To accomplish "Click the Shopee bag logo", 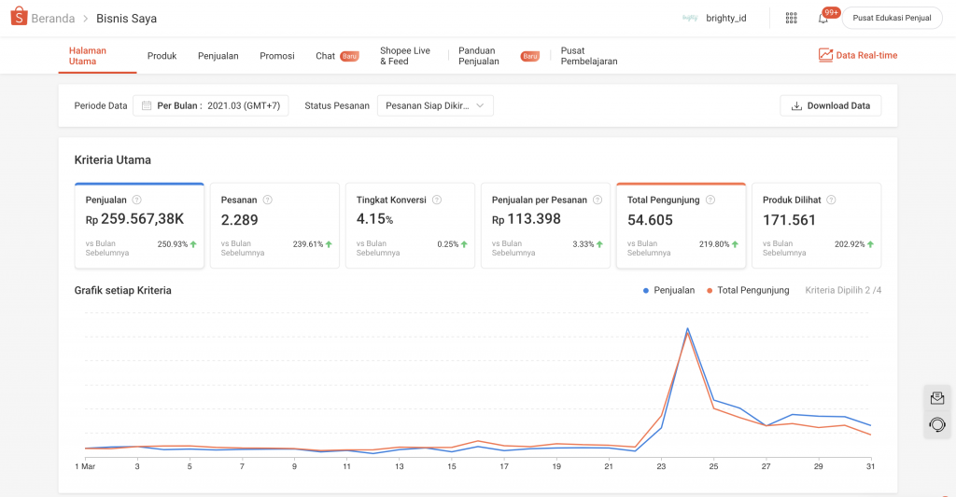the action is [19, 17].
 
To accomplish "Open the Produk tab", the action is [162, 55].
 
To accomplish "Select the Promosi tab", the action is [276, 55].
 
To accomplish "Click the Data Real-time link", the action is [858, 55].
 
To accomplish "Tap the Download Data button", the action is [830, 105].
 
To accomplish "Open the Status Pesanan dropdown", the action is [435, 105].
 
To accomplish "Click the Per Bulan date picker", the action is [211, 105].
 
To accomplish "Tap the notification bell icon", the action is [823, 19].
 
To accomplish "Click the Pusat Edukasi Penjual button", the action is [892, 19].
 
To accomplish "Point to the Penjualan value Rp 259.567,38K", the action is [134, 218].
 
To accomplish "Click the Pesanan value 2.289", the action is [240, 220].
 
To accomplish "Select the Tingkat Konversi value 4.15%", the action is [375, 218].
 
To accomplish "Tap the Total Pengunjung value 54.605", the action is [650, 220].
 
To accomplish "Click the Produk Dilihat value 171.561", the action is [790, 220].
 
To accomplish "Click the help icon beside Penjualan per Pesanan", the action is [597, 200].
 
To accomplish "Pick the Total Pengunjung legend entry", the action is [748, 291].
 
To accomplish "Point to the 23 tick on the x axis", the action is [662, 466].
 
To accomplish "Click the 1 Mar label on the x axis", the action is [85, 466].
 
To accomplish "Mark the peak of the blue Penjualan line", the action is [688, 329].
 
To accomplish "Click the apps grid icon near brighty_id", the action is [792, 19].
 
